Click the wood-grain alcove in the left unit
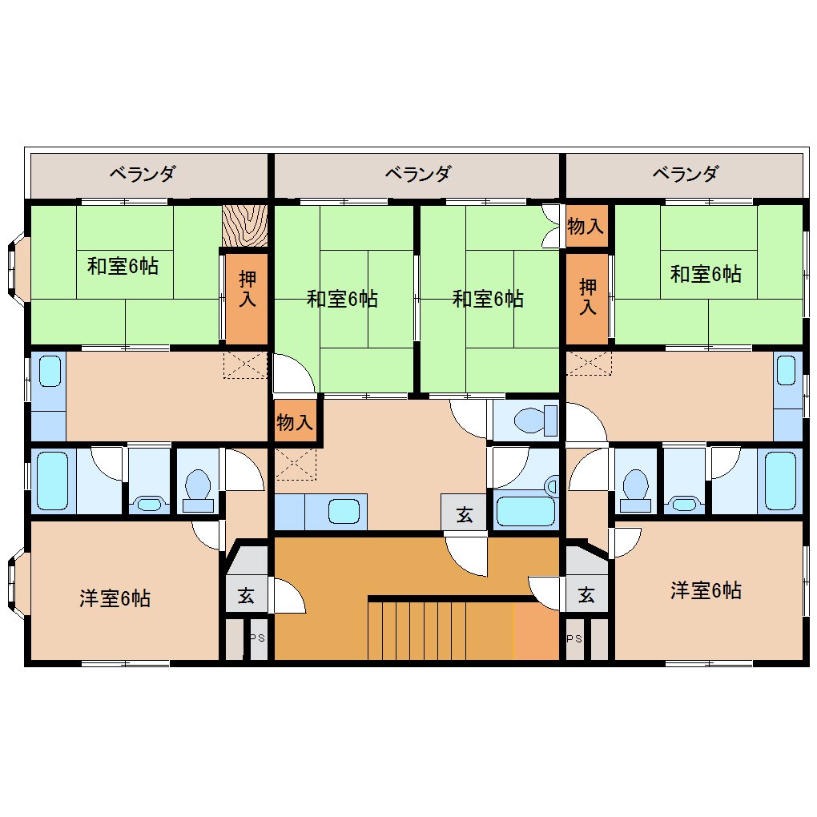pyautogui.click(x=245, y=226)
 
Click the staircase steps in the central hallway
pyautogui.click(x=441, y=630)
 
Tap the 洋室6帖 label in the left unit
pyautogui.click(x=115, y=598)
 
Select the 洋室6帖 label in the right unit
pyautogui.click(x=706, y=590)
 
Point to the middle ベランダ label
pyautogui.click(x=418, y=174)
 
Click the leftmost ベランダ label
pyautogui.click(x=143, y=174)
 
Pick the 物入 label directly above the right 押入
pyautogui.click(x=586, y=226)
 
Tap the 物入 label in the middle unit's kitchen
pyautogui.click(x=295, y=422)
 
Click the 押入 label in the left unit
pyautogui.click(x=248, y=289)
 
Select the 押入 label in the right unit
pyautogui.click(x=588, y=296)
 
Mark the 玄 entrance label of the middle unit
pyautogui.click(x=465, y=515)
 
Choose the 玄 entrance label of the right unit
pyautogui.click(x=586, y=594)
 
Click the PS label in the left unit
pyautogui.click(x=259, y=638)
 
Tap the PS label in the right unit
pyautogui.click(x=575, y=639)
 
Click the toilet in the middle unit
pyautogui.click(x=536, y=420)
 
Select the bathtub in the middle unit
pyautogui.click(x=525, y=511)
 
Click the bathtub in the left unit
pyautogui.click(x=52, y=481)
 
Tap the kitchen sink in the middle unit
pyautogui.click(x=344, y=512)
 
